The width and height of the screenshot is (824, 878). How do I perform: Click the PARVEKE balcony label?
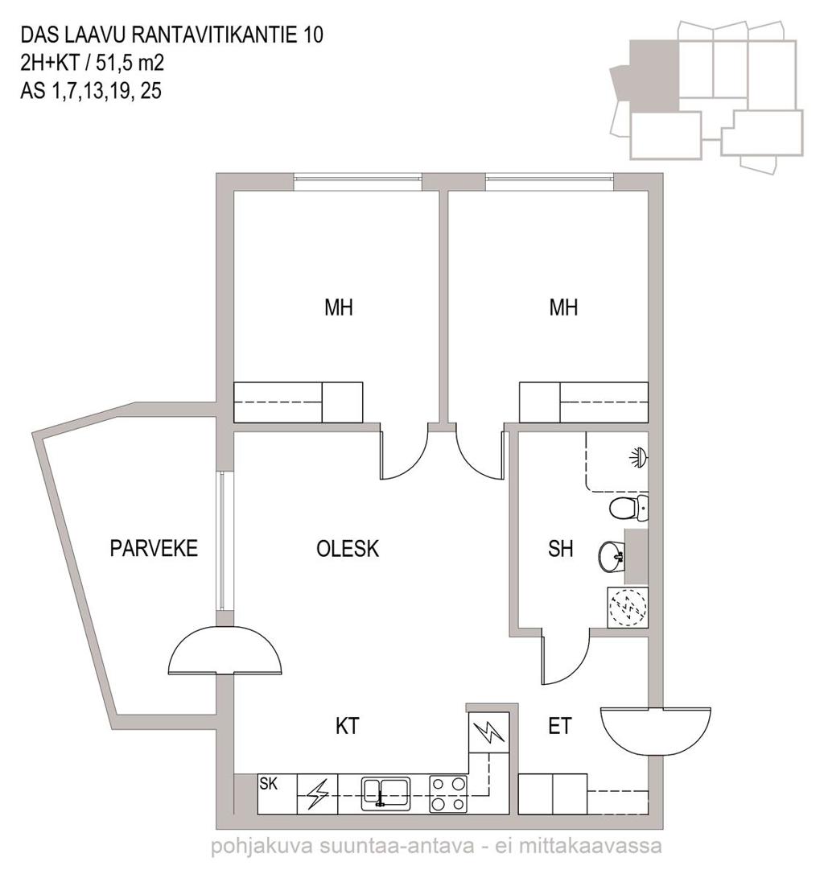(x=154, y=548)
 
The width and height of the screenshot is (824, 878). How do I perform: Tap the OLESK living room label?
(x=348, y=549)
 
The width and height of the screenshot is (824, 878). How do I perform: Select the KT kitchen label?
(x=347, y=726)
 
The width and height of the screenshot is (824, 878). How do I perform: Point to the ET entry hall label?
(x=560, y=726)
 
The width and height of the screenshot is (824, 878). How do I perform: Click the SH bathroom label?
(x=560, y=549)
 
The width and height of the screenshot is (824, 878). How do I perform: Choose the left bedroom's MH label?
(x=339, y=307)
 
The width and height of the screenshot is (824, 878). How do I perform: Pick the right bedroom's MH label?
(x=563, y=307)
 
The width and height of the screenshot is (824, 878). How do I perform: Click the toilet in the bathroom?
(x=628, y=509)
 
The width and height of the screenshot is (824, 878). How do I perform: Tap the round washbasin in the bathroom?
(x=612, y=557)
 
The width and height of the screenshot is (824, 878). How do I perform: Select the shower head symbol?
(x=638, y=457)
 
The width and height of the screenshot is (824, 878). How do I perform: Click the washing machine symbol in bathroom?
(x=628, y=607)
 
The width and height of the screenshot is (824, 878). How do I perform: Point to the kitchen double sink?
(x=385, y=793)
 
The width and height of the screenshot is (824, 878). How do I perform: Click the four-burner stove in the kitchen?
(x=448, y=793)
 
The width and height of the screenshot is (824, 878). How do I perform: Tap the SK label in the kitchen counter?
(x=269, y=783)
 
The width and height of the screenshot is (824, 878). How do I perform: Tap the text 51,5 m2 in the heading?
(x=130, y=63)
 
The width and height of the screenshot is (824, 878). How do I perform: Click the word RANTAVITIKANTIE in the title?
(x=216, y=35)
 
